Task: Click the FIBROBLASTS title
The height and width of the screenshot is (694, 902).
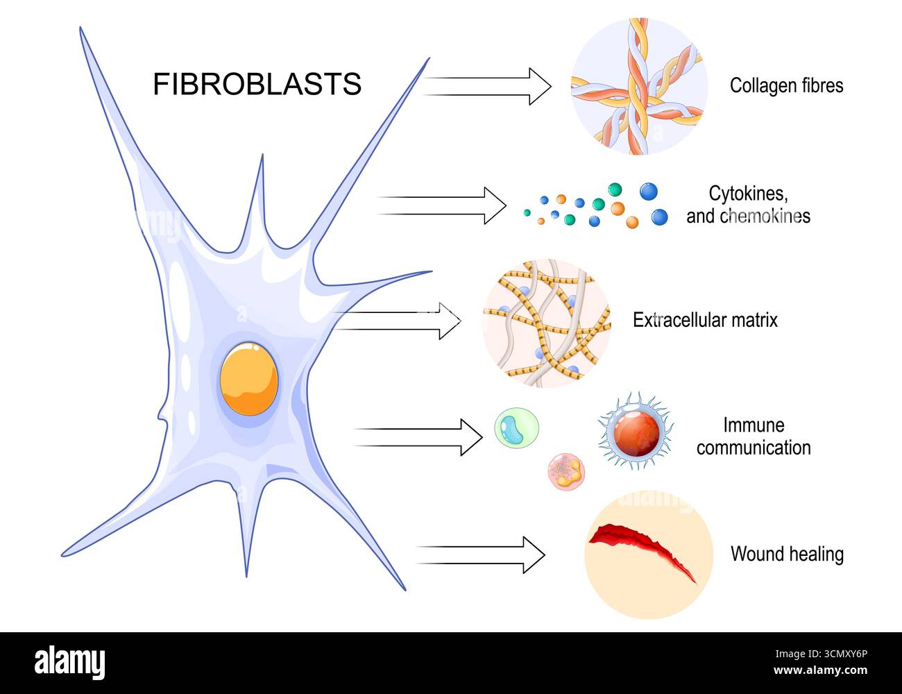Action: [x=257, y=84]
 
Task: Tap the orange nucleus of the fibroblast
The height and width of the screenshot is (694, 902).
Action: [x=249, y=378]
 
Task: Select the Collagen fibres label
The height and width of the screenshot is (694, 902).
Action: [x=786, y=85]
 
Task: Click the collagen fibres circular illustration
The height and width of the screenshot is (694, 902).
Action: [x=638, y=86]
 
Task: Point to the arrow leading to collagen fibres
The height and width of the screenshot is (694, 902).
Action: [x=488, y=86]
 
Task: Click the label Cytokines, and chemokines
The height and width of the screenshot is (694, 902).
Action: [x=748, y=204]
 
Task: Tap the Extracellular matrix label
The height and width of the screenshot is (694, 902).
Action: [x=705, y=320]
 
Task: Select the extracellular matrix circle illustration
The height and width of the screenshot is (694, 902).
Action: [x=546, y=323]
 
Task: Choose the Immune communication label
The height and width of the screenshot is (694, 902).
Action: [x=754, y=437]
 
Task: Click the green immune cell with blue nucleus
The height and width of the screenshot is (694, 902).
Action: [x=516, y=428]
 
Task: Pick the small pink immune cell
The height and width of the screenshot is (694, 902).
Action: [x=568, y=472]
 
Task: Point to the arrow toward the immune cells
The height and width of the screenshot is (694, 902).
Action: [x=419, y=437]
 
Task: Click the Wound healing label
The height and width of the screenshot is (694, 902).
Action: [x=787, y=554]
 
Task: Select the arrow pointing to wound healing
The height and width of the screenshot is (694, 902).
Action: [x=481, y=555]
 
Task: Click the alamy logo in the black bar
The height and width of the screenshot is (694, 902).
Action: [x=70, y=663]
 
